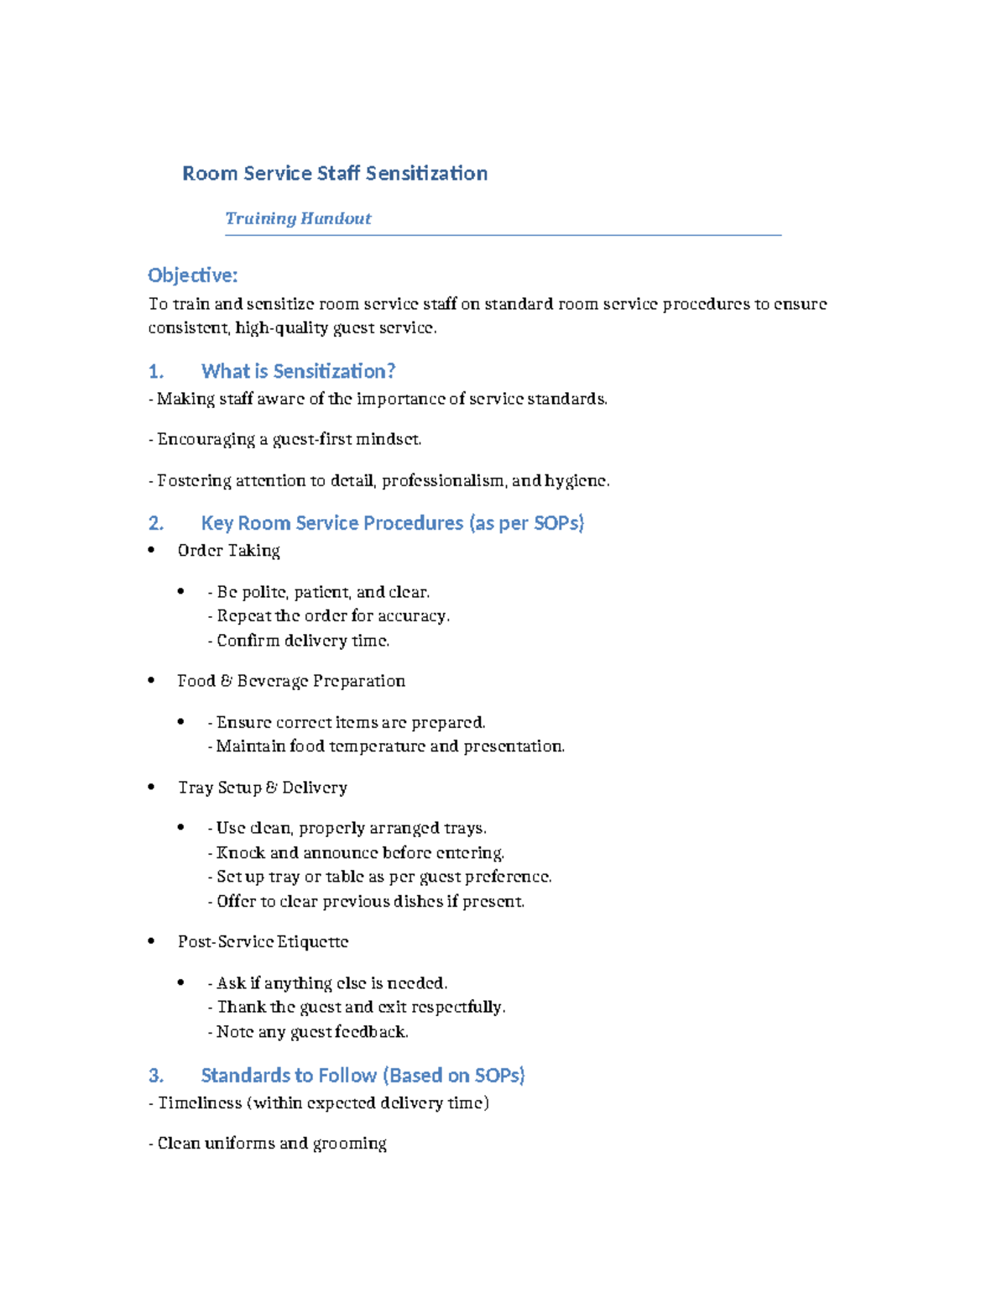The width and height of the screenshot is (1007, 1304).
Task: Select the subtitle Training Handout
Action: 298,218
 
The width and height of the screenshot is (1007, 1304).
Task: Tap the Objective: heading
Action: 192,275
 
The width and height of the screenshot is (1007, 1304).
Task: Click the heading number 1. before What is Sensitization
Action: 155,371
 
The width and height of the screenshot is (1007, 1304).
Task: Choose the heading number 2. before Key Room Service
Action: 155,523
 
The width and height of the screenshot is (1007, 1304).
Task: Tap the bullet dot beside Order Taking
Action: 151,551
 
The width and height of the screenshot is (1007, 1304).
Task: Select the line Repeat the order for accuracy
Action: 329,616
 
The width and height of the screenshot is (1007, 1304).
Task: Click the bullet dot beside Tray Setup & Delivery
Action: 151,788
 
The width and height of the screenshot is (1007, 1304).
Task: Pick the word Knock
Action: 240,853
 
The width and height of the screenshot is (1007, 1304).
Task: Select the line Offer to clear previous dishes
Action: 366,902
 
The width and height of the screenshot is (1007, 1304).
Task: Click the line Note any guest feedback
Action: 308,1032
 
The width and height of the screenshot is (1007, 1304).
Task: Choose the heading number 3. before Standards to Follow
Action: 155,1076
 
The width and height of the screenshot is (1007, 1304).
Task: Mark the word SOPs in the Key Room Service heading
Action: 558,523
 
